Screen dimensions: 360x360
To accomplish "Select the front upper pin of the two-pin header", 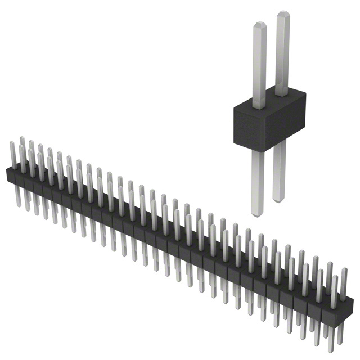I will (x=259, y=65).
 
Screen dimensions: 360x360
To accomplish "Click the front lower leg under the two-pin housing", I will (x=257, y=180).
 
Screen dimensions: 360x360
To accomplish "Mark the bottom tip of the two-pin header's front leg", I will (x=257, y=214).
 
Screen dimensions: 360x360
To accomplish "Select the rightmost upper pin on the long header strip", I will (x=343, y=281).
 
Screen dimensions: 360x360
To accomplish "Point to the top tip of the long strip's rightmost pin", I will (x=344, y=268).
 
